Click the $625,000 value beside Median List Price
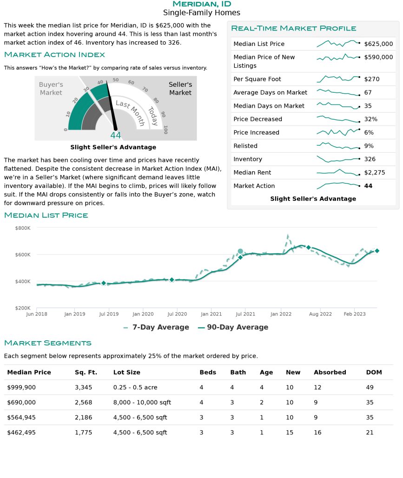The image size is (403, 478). pyautogui.click(x=378, y=44)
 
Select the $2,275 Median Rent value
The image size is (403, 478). pyautogui.click(x=375, y=173)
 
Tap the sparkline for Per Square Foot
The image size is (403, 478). pyautogui.click(x=338, y=79)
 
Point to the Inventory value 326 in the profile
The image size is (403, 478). pyautogui.click(x=370, y=159)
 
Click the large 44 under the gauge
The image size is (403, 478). pyautogui.click(x=115, y=136)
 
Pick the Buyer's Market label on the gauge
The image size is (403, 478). pyautogui.click(x=51, y=89)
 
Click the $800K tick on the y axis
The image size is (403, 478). pyautogui.click(x=23, y=228)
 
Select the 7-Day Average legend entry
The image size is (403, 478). pyautogui.click(x=156, y=327)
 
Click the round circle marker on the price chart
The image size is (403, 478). pyautogui.click(x=240, y=252)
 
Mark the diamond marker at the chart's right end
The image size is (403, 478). pyautogui.click(x=377, y=251)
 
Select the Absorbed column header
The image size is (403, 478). pyautogui.click(x=330, y=372)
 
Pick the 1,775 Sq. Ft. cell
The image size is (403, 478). pyautogui.click(x=83, y=433)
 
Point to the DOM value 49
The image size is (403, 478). pyautogui.click(x=370, y=388)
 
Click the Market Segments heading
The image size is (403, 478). pyautogui.click(x=47, y=343)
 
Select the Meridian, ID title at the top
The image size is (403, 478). pyautogui.click(x=201, y=4)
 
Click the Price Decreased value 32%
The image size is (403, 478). pyautogui.click(x=371, y=119)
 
